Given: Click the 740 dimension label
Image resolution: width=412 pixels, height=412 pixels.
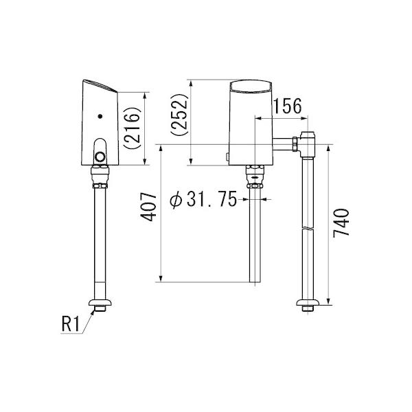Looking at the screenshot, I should coord(341,222).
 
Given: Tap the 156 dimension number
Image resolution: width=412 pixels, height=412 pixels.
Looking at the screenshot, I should coord(287,106).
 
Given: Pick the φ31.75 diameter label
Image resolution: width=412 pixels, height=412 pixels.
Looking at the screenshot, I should coord(203,200).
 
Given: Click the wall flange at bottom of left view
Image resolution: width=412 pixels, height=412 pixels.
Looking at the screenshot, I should coord(102,304).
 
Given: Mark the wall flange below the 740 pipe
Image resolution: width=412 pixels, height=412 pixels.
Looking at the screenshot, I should coord(308,304).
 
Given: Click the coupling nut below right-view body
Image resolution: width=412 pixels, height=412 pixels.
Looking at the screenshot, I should coord(255,172).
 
